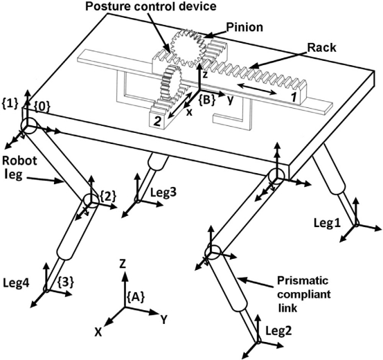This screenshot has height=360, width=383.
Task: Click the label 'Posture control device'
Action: pyautogui.click(x=151, y=6)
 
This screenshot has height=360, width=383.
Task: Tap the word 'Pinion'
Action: pyautogui.click(x=244, y=28)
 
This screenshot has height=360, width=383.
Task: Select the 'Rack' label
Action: pyautogui.click(x=321, y=48)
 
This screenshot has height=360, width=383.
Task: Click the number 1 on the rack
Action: pyautogui.click(x=294, y=97)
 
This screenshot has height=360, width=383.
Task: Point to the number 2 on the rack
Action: pyautogui.click(x=157, y=122)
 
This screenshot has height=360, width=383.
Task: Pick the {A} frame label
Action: pyautogui.click(x=136, y=297)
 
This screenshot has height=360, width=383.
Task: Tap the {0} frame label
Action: pyautogui.click(x=42, y=107)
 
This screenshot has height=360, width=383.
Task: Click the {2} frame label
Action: pyautogui.click(x=108, y=196)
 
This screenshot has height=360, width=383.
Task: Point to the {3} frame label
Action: pyautogui.click(x=66, y=282)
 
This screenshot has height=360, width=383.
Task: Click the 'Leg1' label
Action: pyautogui.click(x=327, y=224)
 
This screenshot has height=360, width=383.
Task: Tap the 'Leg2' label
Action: pyautogui.click(x=278, y=331)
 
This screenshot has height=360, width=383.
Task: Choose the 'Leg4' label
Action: pyautogui.click(x=17, y=284)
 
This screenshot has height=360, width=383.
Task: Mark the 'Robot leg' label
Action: pyautogui.click(x=19, y=168)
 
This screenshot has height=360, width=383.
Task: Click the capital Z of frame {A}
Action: pyautogui.click(x=122, y=264)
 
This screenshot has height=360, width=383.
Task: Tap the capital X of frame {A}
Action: pyautogui.click(x=98, y=332)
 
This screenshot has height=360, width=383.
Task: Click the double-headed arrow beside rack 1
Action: pyautogui.click(x=256, y=89)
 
